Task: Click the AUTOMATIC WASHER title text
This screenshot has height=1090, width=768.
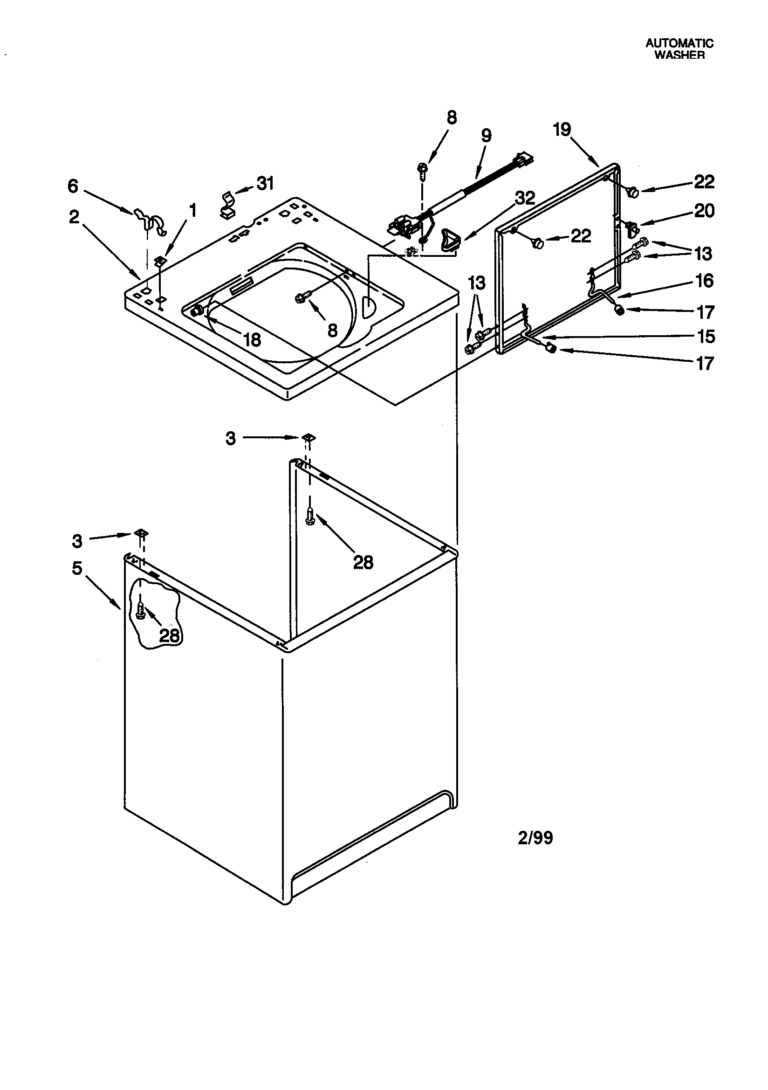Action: [x=679, y=49]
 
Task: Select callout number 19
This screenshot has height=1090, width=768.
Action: [x=562, y=129]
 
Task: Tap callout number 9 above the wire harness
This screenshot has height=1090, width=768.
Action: [x=486, y=136]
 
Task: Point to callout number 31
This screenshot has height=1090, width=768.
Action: [x=265, y=183]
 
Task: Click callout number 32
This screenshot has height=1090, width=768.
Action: [x=525, y=199]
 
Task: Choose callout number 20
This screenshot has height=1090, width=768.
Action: [x=704, y=210]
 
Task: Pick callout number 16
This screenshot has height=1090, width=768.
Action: [x=705, y=281]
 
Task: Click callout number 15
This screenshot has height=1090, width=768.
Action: [x=706, y=337]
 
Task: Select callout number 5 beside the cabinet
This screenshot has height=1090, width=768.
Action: [x=77, y=568]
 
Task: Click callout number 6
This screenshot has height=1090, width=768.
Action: [x=73, y=186]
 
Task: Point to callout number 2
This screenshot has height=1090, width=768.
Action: [x=74, y=217]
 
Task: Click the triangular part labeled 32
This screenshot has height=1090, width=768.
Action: [x=449, y=238]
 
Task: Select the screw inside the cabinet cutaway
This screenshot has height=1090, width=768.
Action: [x=140, y=610]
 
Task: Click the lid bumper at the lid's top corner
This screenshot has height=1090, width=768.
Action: [x=632, y=192]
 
